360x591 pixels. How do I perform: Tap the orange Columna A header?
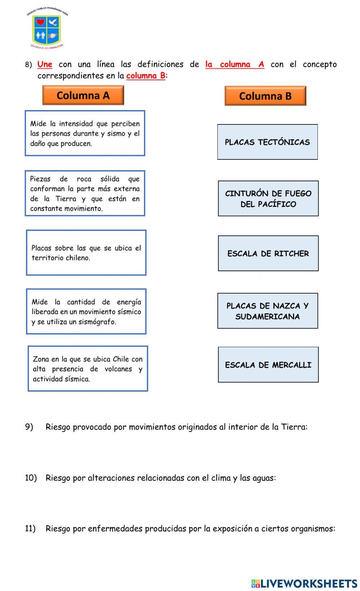(83, 95)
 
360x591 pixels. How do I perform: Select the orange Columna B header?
(265, 96)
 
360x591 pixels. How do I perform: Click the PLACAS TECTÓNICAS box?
(267, 142)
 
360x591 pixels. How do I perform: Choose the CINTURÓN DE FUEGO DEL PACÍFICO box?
(268, 199)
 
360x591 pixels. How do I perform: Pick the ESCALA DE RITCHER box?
(268, 254)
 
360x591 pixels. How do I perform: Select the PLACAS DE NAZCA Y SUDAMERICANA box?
(267, 311)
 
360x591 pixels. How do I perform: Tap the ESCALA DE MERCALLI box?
(268, 365)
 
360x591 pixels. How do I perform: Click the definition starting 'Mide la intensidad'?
(85, 133)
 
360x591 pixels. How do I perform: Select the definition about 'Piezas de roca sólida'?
(85, 194)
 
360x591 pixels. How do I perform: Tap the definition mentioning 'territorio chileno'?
(86, 253)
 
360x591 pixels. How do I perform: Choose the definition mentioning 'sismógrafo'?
(86, 312)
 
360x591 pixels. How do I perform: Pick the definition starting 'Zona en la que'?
(88, 369)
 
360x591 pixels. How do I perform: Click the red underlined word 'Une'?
(45, 64)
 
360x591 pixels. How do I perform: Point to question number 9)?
(29, 427)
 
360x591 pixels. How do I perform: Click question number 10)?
(31, 478)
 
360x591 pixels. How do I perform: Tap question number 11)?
(30, 528)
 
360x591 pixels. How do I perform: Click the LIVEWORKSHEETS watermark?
(304, 583)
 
